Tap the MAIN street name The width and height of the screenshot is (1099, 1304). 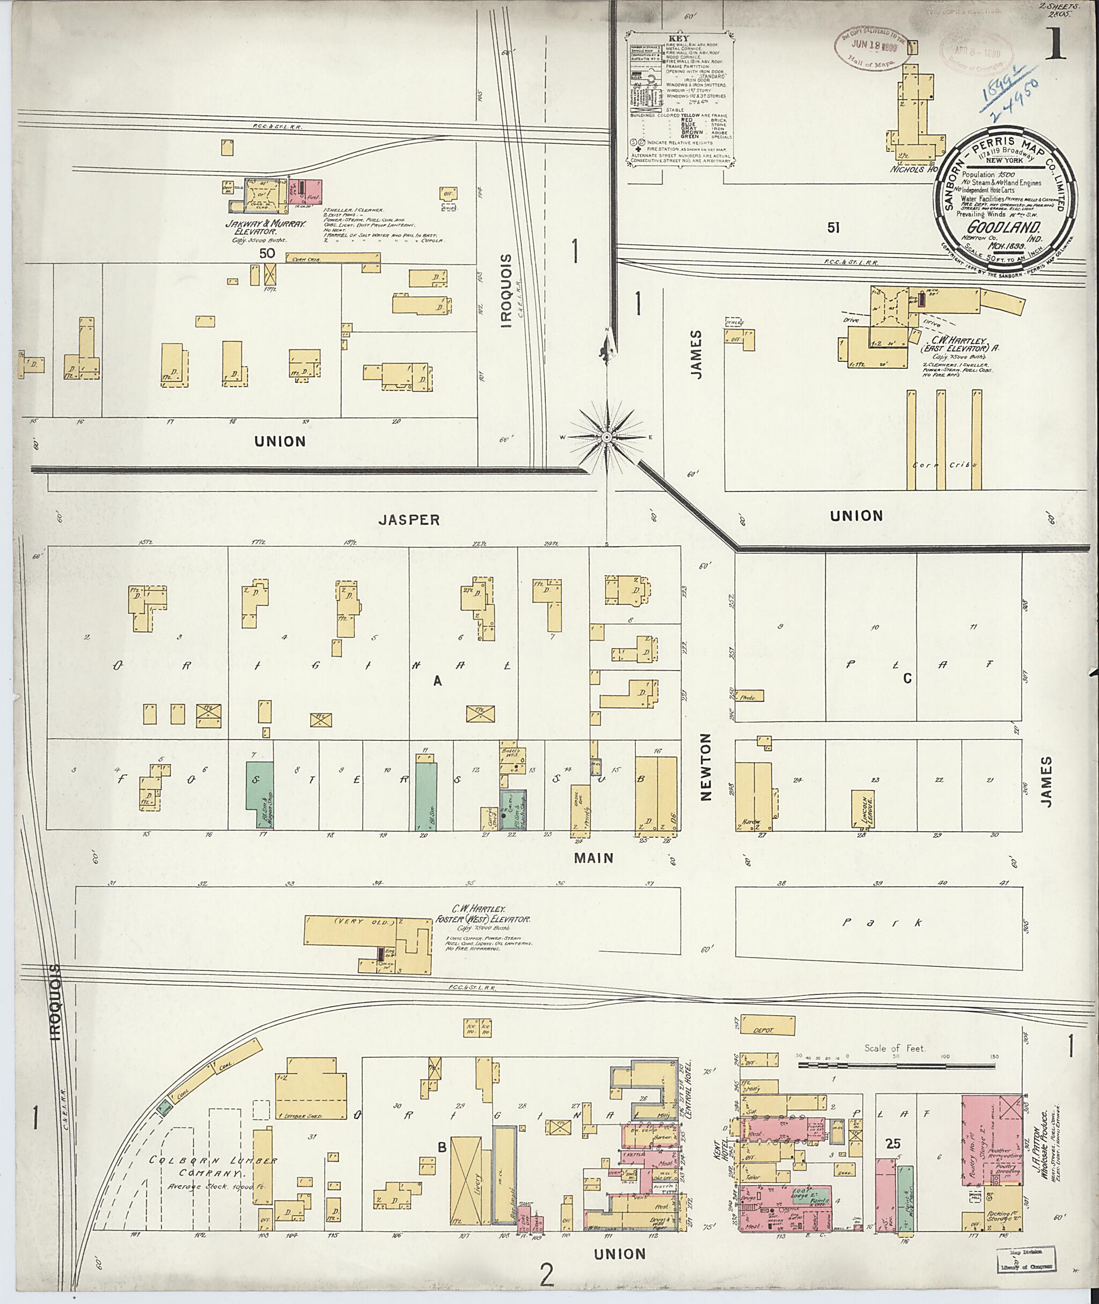pos(594,858)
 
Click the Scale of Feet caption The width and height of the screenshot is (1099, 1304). pos(895,1048)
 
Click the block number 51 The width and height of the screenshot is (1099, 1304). pos(833,228)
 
